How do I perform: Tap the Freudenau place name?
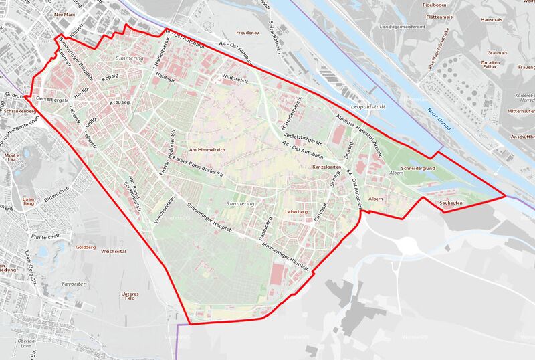point(247,32)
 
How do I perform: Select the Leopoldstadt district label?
point(368,107)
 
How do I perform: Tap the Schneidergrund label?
point(418,167)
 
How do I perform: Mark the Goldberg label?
point(86,247)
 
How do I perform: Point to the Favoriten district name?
point(73,284)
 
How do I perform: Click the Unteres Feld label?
point(130,296)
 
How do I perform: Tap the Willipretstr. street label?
point(235,78)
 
